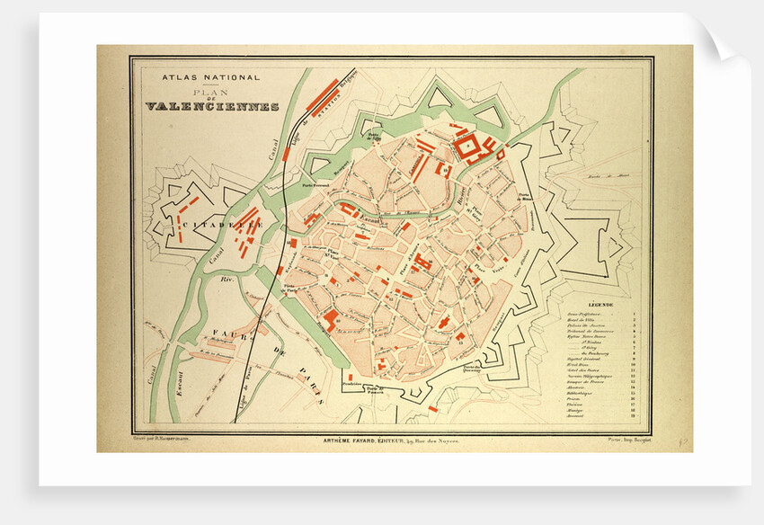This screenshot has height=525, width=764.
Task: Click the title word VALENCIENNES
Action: click(211, 106)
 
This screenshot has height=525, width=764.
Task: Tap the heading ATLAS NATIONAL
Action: click(210, 78)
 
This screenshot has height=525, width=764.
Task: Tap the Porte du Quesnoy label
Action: click(472, 368)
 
